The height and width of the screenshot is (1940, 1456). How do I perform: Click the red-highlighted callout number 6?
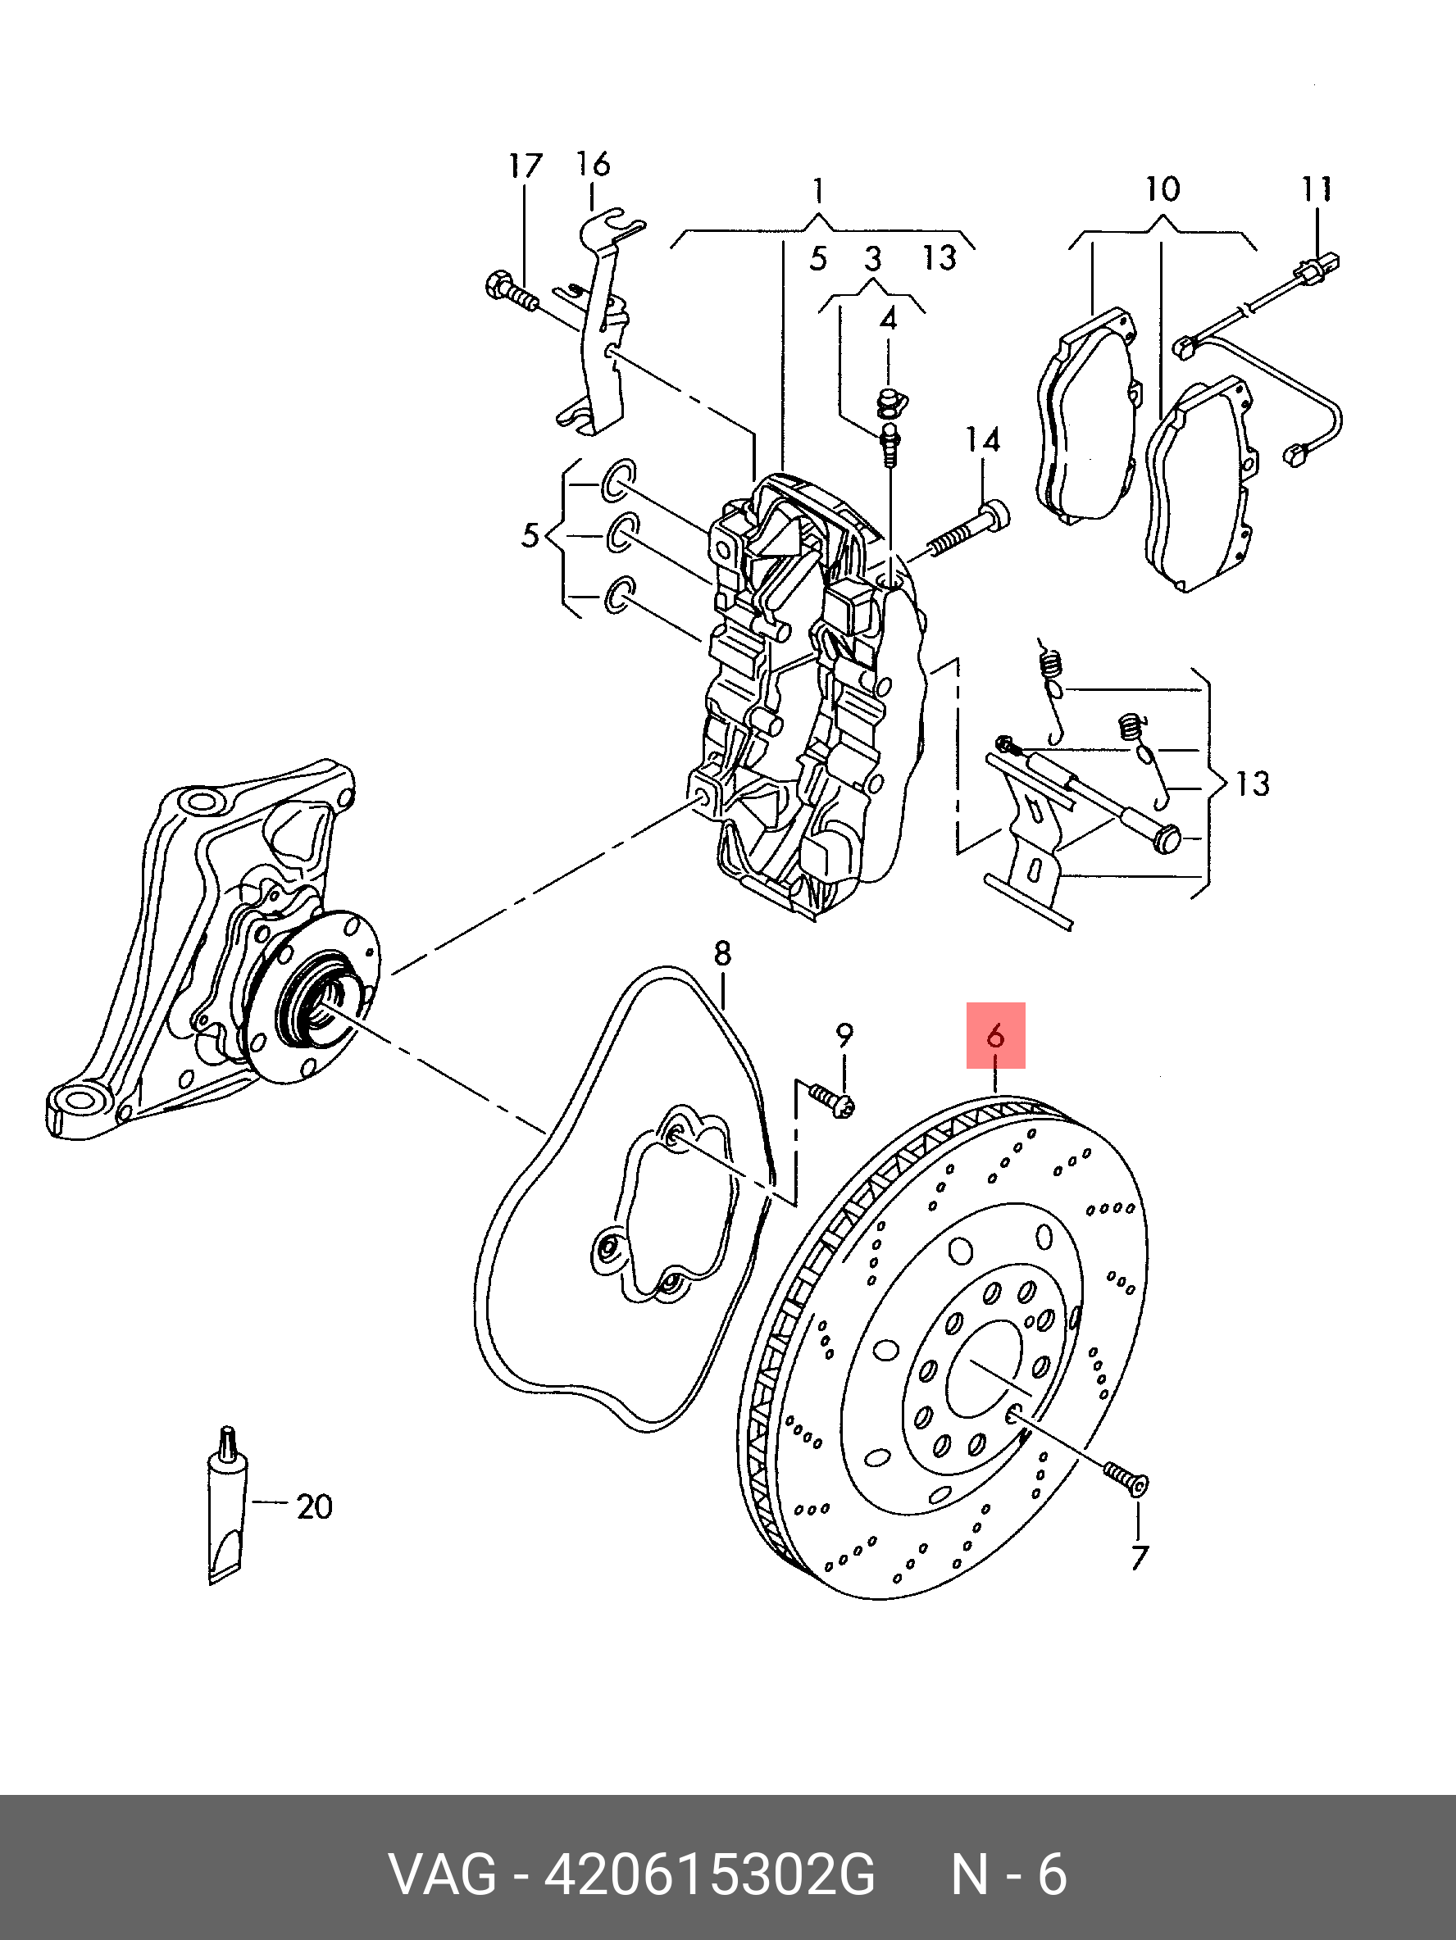pos(995,1036)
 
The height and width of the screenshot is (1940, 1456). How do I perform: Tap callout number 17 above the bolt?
pos(525,166)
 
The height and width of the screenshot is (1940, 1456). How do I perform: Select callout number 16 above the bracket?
pos(593,163)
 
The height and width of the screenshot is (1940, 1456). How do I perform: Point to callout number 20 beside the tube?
pos(314,1507)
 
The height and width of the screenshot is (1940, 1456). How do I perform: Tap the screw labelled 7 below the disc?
pos(1126,1478)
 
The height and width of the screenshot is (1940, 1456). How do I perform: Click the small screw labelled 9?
pos(832,1100)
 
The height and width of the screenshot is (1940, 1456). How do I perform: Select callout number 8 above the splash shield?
pos(722,953)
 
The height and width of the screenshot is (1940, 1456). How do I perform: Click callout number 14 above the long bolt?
pos(982,439)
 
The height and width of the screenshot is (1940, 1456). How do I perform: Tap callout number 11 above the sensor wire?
pos(1317,189)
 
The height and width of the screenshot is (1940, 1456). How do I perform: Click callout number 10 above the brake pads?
pos(1163,189)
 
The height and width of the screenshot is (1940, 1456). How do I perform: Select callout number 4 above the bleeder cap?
pos(889,318)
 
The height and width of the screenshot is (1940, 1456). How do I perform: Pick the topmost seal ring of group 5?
pos(617,479)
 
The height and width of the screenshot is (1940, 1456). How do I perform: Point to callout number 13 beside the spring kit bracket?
pos(1252,784)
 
